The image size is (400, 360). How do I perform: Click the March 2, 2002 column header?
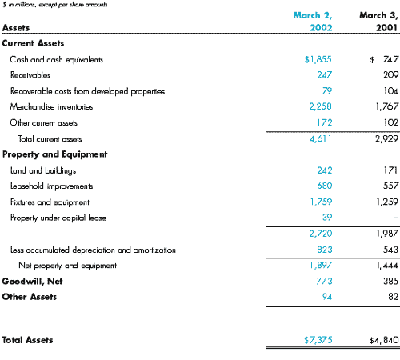point(313,22)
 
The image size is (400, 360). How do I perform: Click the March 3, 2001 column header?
point(378,22)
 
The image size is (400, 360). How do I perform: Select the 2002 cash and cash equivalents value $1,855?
point(318,59)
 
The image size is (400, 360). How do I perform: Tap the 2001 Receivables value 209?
point(390,74)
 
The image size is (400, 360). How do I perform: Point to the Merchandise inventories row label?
point(51,107)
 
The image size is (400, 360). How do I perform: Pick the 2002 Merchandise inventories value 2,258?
point(320,106)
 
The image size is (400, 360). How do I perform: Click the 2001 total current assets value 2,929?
point(386,138)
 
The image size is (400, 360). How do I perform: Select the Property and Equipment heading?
point(55,154)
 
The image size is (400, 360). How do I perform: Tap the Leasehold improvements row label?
point(51,186)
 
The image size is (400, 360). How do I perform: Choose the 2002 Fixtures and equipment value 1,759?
point(321,202)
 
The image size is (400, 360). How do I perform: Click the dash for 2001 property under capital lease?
point(396,218)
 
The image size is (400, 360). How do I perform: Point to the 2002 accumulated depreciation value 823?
point(325,250)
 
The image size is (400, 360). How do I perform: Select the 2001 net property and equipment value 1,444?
point(387,266)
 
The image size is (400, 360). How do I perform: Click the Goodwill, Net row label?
point(32,282)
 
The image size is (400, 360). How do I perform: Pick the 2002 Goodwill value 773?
point(324,281)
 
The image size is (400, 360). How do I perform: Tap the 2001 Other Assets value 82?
point(394,297)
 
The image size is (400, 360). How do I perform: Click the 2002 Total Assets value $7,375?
point(318,340)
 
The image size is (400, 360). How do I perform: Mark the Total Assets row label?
point(27,340)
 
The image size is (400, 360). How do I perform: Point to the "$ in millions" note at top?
point(55,5)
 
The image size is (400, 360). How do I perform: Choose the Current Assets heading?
point(33,43)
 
